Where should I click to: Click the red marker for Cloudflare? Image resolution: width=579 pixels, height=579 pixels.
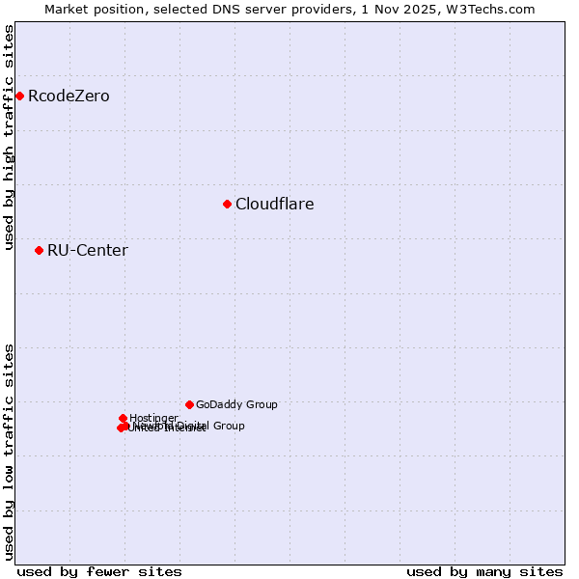coord(227,204)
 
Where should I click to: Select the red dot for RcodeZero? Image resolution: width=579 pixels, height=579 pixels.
coord(19,96)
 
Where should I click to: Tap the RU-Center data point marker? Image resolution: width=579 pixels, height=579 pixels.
coord(39,250)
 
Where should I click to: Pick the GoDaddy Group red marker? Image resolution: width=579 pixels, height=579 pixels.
coord(189,404)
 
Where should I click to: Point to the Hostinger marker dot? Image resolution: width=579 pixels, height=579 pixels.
coord(123,418)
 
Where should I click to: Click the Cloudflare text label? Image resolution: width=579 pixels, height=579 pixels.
coord(275,204)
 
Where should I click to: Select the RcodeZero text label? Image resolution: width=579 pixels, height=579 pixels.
coord(69,96)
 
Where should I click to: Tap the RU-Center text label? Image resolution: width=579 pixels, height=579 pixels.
coord(88,250)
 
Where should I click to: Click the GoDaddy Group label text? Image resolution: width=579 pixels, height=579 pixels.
coord(236,404)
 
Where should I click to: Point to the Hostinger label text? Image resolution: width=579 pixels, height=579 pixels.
coord(153,418)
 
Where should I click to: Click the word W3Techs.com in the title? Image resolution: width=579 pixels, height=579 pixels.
coord(496,10)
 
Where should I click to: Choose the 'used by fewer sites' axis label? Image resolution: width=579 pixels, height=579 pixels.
coord(99,571)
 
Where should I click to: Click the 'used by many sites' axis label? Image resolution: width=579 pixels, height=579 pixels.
coord(484,571)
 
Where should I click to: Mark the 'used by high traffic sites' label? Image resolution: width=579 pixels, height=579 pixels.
coord(10,137)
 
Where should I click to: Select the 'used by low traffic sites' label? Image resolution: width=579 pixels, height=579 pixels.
coord(10,452)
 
